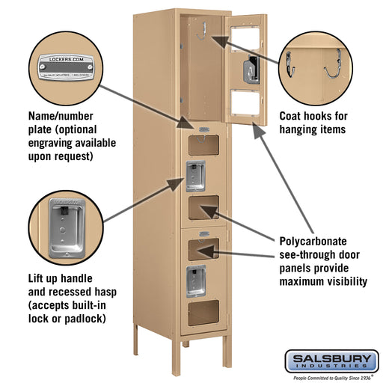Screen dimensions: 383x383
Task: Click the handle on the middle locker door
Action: [196, 175]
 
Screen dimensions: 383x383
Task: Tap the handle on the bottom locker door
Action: [196, 278]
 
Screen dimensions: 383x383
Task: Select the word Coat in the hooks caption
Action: [292, 116]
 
